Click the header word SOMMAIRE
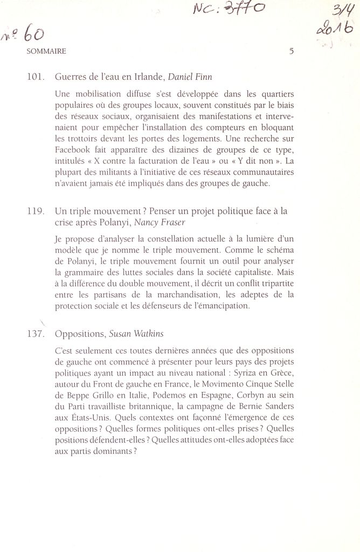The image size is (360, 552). click(46, 51)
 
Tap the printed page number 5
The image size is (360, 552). click(292, 52)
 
